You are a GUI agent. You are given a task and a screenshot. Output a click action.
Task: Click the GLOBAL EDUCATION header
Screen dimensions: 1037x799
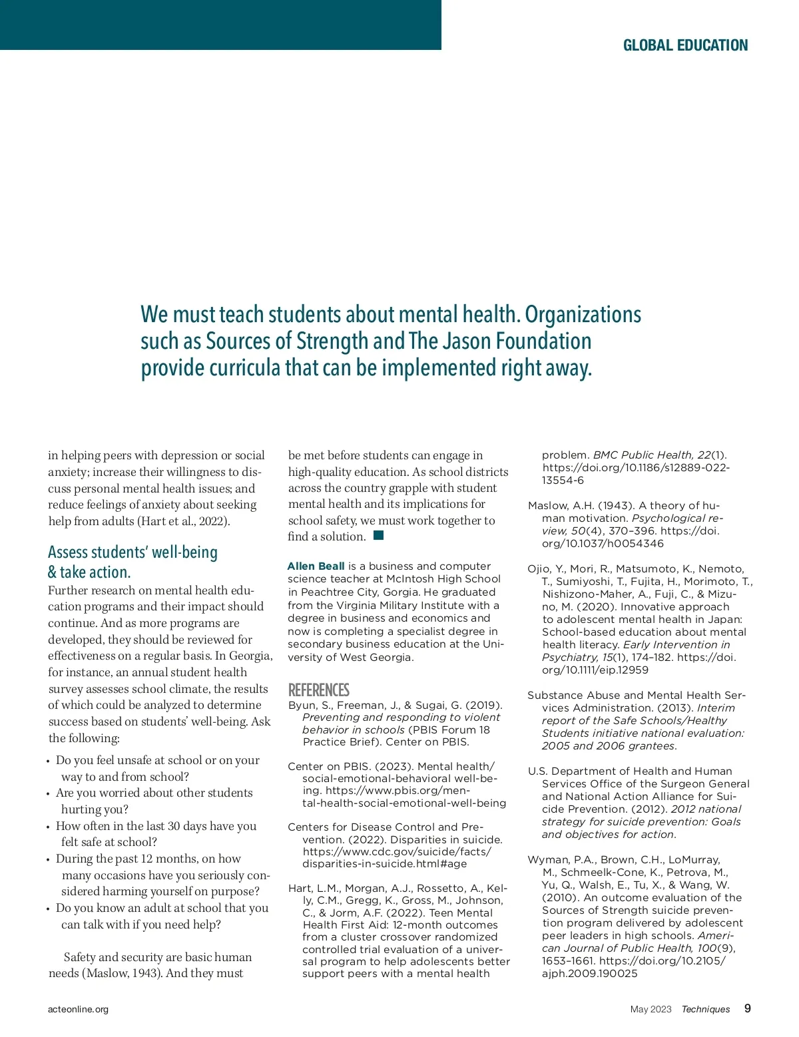click(685, 45)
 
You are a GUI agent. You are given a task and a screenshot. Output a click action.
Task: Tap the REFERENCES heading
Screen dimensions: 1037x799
click(318, 690)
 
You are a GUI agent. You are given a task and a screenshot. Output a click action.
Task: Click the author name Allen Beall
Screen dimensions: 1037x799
click(316, 566)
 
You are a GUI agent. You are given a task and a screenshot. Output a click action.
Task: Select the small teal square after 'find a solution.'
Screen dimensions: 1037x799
click(379, 535)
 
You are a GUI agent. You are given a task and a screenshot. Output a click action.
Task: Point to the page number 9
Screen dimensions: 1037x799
click(748, 1008)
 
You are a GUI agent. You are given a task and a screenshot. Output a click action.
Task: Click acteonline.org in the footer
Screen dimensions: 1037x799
click(78, 1009)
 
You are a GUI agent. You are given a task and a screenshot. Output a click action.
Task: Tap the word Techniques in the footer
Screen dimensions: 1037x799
click(705, 1009)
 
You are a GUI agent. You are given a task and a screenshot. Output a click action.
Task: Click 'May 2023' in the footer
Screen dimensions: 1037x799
click(651, 1009)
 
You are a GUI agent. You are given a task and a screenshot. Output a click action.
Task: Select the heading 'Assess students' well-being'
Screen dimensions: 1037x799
click(133, 552)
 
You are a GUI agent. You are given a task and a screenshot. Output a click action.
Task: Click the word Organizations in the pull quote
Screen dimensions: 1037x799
click(583, 315)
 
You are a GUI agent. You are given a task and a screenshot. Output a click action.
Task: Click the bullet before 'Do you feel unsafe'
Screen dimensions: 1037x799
click(49, 761)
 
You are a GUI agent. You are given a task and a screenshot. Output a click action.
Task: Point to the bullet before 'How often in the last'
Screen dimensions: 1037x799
click(49, 827)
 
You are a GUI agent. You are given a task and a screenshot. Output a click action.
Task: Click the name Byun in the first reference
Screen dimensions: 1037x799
click(301, 705)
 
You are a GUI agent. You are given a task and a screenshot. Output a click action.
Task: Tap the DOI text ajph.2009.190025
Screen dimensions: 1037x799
click(589, 973)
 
